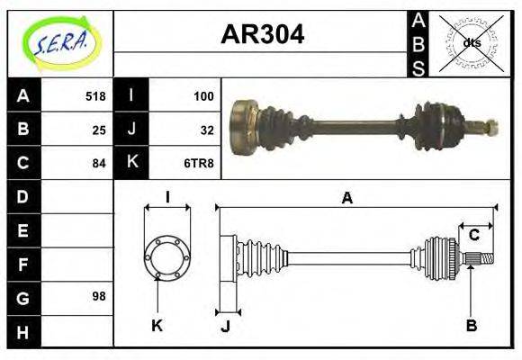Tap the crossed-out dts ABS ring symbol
[471, 42]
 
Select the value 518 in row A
[95, 96]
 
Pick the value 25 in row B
[99, 130]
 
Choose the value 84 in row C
[99, 163]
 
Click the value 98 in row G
[99, 295]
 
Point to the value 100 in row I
[203, 96]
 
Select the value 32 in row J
[207, 130]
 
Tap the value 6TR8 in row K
[199, 163]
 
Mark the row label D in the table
[22, 196]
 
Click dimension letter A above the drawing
[346, 198]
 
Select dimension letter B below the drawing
[471, 325]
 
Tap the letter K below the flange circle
[157, 325]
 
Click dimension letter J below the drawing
[225, 325]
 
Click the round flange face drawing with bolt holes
[167, 257]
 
